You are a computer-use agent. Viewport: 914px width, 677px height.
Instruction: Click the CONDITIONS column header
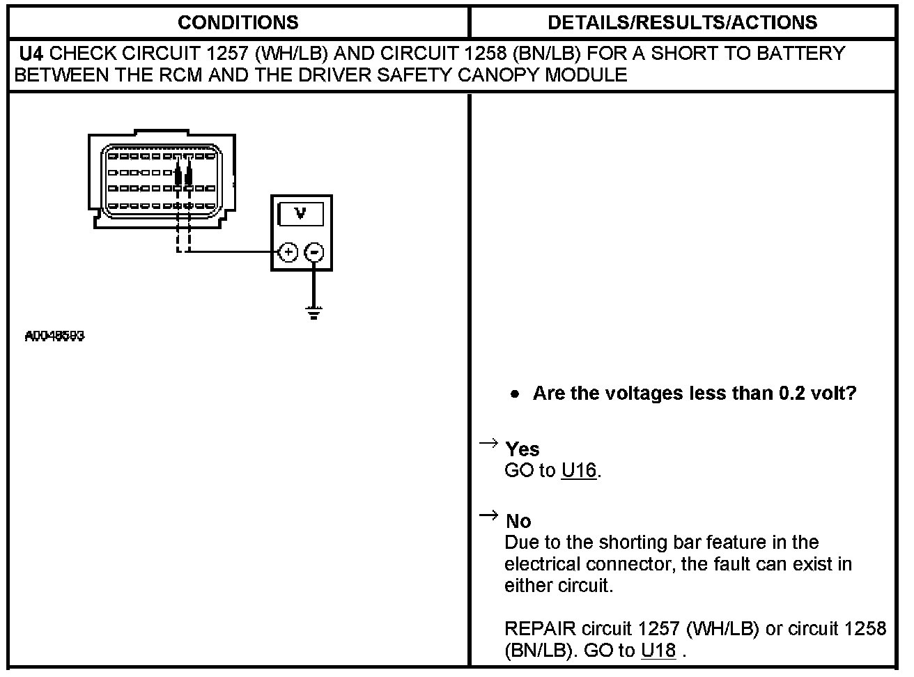pyautogui.click(x=238, y=22)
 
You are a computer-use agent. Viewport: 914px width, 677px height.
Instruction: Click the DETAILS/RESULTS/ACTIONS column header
pyautogui.click(x=682, y=22)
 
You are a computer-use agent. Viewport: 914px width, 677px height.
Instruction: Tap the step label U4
pyautogui.click(x=31, y=54)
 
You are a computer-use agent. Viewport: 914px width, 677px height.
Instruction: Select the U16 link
pyautogui.click(x=579, y=471)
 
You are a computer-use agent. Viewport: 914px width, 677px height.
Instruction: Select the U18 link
pyautogui.click(x=658, y=651)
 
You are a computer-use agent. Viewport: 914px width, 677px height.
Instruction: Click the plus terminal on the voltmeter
pyautogui.click(x=288, y=252)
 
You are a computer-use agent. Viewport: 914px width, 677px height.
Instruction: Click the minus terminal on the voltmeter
pyautogui.click(x=315, y=252)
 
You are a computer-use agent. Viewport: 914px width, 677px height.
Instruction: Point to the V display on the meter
pyautogui.click(x=300, y=214)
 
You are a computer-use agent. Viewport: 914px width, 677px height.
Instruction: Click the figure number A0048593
pyautogui.click(x=54, y=336)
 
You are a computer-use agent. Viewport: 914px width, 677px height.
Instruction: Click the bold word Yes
pyautogui.click(x=522, y=449)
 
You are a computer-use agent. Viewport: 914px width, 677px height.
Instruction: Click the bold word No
pyautogui.click(x=518, y=521)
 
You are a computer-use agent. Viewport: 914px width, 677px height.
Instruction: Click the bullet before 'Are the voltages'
pyautogui.click(x=515, y=394)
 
